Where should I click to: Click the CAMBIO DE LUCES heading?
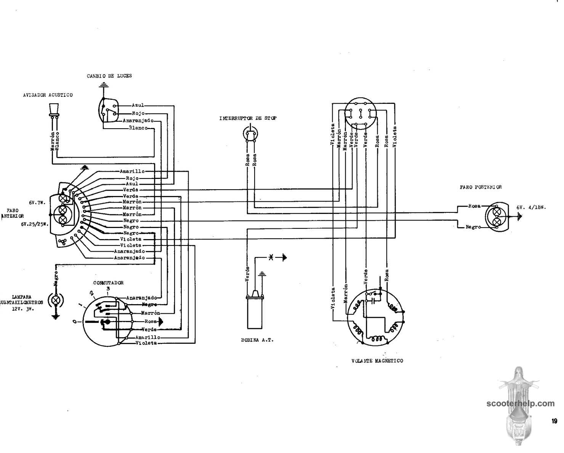click(x=109, y=76)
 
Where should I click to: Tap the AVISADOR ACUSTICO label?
click(x=48, y=95)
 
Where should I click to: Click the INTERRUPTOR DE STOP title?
click(x=248, y=118)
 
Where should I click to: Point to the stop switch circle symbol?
click(x=250, y=134)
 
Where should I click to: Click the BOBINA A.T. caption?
click(x=257, y=340)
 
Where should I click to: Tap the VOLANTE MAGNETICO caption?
click(x=377, y=360)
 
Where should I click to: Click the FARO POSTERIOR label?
click(x=481, y=187)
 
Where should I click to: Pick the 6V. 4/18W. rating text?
click(x=532, y=207)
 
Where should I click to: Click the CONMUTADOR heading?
click(x=109, y=283)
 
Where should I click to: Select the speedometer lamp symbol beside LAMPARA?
click(x=56, y=300)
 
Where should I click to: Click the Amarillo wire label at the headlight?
click(x=132, y=171)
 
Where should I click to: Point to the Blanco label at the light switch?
click(x=138, y=128)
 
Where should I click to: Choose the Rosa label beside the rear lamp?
click(x=474, y=206)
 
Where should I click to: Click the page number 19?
click(x=554, y=421)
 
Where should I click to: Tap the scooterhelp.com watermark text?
click(x=521, y=404)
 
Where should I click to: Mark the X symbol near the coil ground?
click(x=271, y=258)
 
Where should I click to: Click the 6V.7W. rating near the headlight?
click(x=37, y=203)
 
